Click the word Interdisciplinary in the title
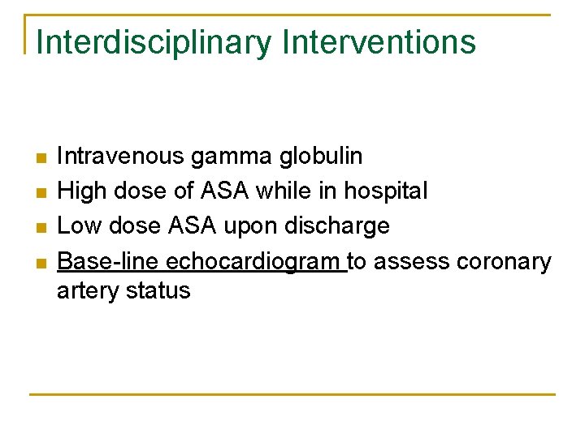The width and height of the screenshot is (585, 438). click(x=154, y=43)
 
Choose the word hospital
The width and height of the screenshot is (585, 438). click(x=385, y=192)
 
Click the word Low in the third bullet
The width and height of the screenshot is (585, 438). click(x=79, y=226)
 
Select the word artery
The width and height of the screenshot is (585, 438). click(x=88, y=291)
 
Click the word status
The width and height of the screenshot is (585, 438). click(x=158, y=290)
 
